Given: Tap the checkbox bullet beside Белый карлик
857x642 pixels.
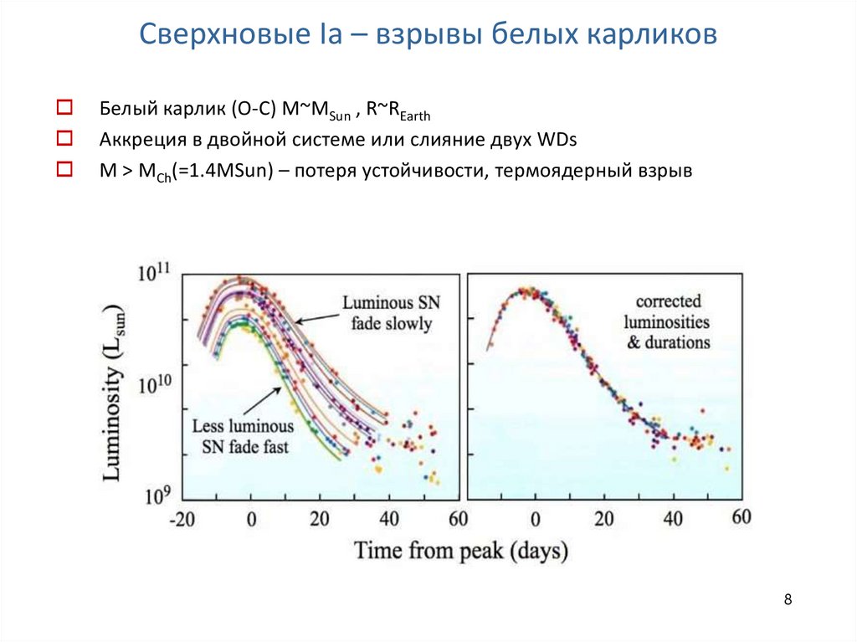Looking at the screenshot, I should pyautogui.click(x=64, y=108).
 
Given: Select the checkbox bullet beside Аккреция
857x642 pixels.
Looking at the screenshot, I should pyautogui.click(x=64, y=137).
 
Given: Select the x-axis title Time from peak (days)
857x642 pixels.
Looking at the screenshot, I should pyautogui.click(x=460, y=551).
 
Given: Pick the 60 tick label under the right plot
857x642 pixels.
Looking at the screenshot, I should pyautogui.click(x=742, y=517).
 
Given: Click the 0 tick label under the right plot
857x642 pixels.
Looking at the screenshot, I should pyautogui.click(x=536, y=519).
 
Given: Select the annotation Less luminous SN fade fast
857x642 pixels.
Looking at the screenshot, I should pyautogui.click(x=240, y=436).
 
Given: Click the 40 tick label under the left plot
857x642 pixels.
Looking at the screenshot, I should pyautogui.click(x=387, y=519).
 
